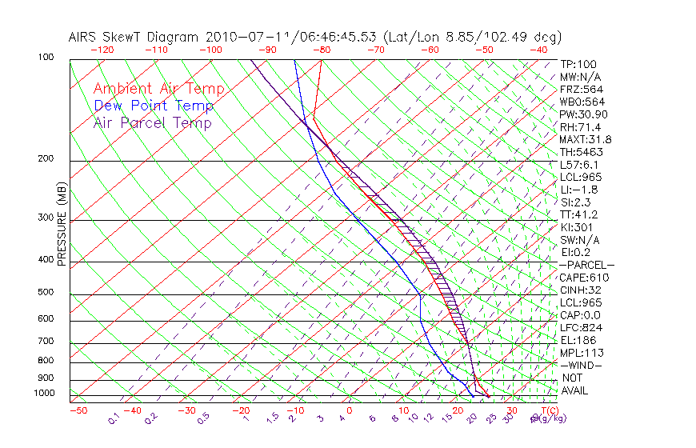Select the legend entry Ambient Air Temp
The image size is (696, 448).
pos(158,89)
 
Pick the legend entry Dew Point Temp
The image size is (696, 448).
pos(153,106)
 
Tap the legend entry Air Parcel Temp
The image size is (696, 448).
pos(152,122)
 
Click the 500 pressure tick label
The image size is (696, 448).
pos(45,293)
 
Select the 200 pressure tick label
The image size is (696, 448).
pos(45,159)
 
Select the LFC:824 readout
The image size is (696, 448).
pos(581,328)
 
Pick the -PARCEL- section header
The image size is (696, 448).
pos(587,265)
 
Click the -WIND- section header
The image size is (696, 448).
pos(582,366)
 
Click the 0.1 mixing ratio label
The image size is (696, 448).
pos(114,418)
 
